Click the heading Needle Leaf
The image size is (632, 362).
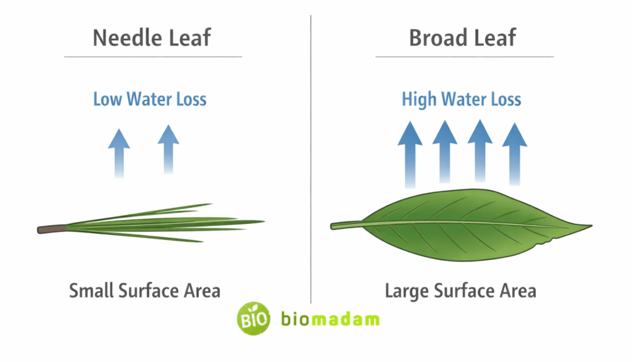152,38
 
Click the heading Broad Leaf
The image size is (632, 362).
462,38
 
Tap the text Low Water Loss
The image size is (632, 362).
150,99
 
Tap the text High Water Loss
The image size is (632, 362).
462,99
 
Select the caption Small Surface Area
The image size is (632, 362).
144,290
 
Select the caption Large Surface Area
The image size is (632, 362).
460,290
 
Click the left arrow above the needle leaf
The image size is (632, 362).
119,151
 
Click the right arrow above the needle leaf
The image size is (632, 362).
168,148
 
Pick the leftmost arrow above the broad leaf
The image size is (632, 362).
409,154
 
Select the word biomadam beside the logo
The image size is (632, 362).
330,319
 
